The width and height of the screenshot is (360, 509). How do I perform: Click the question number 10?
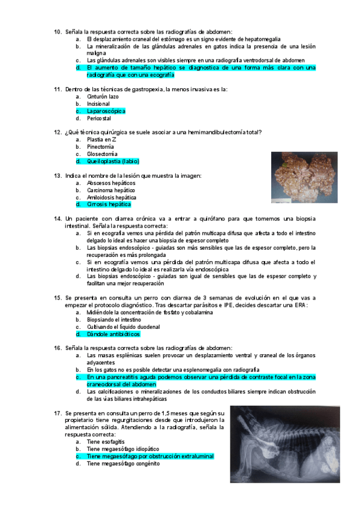pyautogui.click(x=58, y=31)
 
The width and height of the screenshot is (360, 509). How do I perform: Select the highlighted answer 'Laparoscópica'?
pyautogui.click(x=106, y=111)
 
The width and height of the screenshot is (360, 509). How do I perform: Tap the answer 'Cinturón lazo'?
pyautogui.click(x=103, y=96)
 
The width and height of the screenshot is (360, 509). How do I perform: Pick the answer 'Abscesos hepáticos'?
pyautogui.click(x=111, y=183)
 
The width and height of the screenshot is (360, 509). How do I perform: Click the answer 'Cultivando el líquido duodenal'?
pyautogui.click(x=123, y=327)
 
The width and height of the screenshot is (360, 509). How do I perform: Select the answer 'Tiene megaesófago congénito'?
pyautogui.click(x=123, y=463)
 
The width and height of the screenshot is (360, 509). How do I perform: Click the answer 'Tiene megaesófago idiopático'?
pyautogui.click(x=123, y=449)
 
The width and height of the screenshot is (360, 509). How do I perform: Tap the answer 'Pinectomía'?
pyautogui.click(x=100, y=146)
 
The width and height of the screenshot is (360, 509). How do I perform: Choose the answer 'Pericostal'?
pyautogui.click(x=100, y=118)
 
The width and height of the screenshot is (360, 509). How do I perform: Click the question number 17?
pyautogui.click(x=58, y=413)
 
